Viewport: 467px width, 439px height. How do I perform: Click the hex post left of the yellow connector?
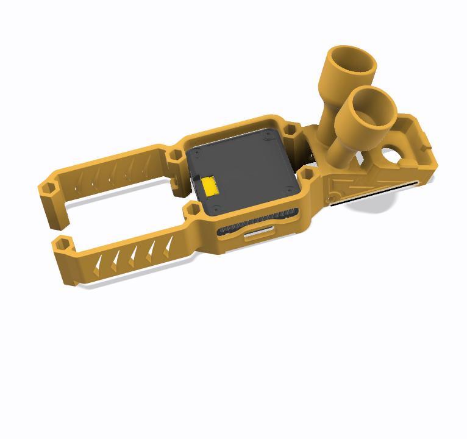(174, 155)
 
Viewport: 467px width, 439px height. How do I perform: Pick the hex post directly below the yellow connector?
(192, 211)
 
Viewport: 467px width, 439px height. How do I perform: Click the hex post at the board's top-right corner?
(291, 130)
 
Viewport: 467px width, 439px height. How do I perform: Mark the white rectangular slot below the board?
(258, 233)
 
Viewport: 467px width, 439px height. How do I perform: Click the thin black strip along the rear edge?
(372, 193)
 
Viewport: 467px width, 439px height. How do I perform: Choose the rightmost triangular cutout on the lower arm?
(167, 247)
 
